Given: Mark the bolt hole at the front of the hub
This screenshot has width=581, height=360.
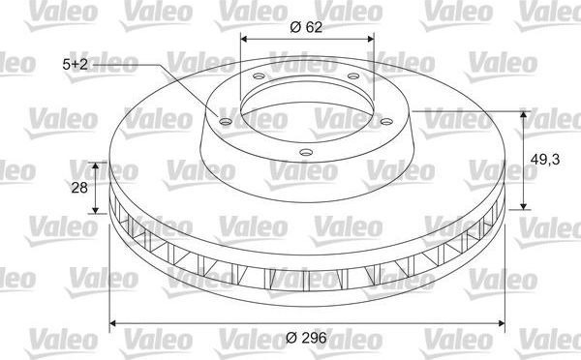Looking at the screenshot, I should [x=306, y=151].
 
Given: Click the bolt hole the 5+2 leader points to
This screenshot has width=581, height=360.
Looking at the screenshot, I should [x=225, y=122].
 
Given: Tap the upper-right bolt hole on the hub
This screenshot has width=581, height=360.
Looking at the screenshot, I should [x=352, y=76].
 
